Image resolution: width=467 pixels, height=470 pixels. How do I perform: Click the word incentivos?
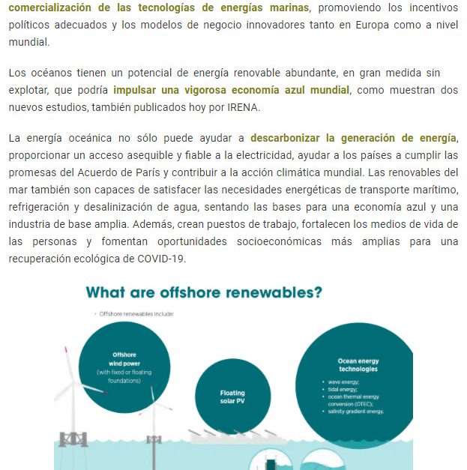coord(430,7)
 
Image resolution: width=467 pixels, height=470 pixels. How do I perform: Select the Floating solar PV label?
coord(232,397)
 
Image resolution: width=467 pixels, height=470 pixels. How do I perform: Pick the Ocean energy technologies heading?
coord(358,365)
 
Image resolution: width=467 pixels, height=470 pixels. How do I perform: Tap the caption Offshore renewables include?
coord(136,314)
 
